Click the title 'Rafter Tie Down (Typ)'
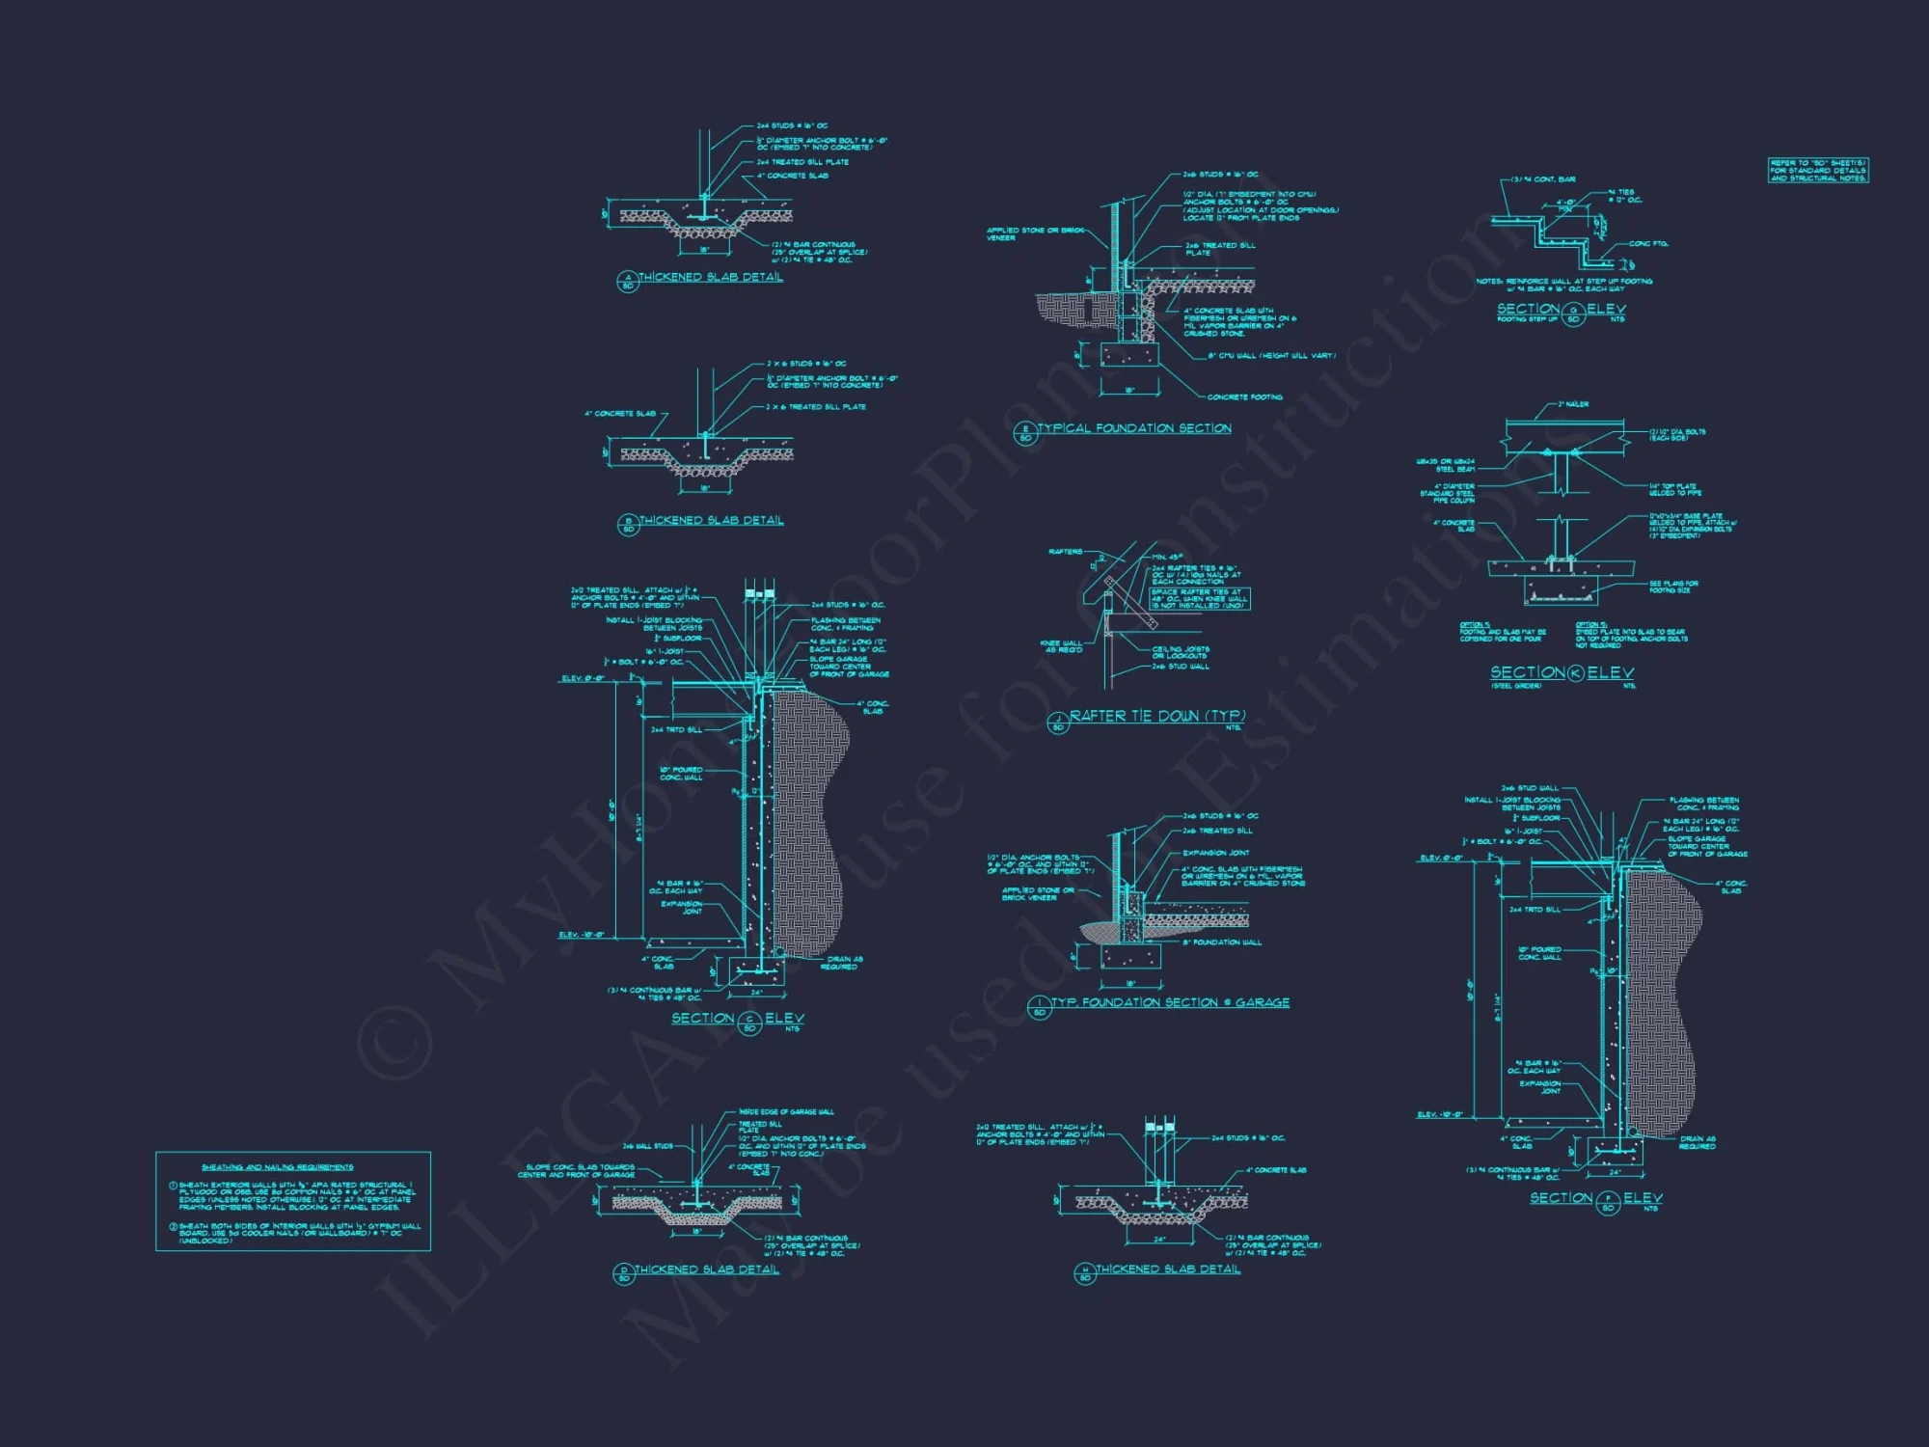[x=1156, y=716]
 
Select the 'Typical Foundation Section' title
[x=1134, y=428]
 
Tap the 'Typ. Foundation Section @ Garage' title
[x=1170, y=1003]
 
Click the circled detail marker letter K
[x=1575, y=673]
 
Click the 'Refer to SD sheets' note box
[x=1818, y=171]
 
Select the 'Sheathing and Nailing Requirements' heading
[x=277, y=1167]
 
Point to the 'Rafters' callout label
[x=1065, y=552]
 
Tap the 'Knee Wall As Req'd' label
[x=1061, y=646]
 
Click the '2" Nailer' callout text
[x=1573, y=404]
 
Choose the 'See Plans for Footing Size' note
[x=1673, y=587]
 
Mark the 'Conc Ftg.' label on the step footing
[x=1648, y=244]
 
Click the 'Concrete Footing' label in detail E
[x=1244, y=397]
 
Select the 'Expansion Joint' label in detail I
[x=1215, y=853]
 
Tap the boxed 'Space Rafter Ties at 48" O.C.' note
[x=1200, y=599]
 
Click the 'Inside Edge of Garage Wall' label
[x=786, y=1112]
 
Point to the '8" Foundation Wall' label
[x=1222, y=942]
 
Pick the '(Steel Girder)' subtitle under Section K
[x=1515, y=686]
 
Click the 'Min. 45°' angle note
[x=1168, y=558]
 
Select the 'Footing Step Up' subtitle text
[x=1526, y=319]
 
